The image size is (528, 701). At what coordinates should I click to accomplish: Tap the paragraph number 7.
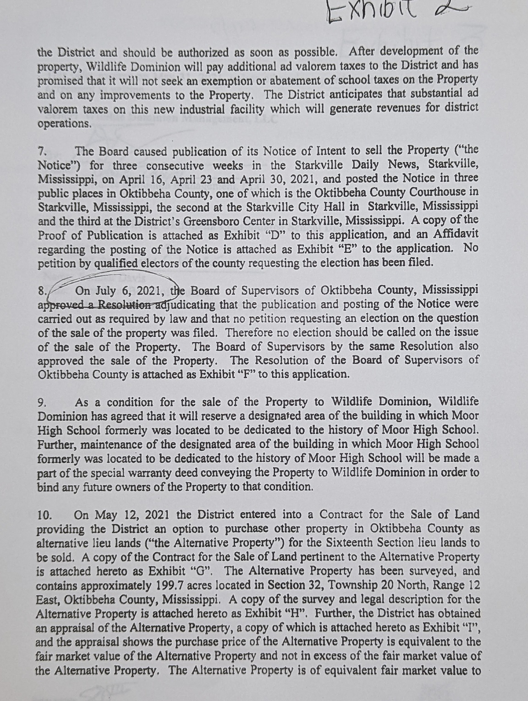[42, 152]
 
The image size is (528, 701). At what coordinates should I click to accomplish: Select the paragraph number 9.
[42, 403]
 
